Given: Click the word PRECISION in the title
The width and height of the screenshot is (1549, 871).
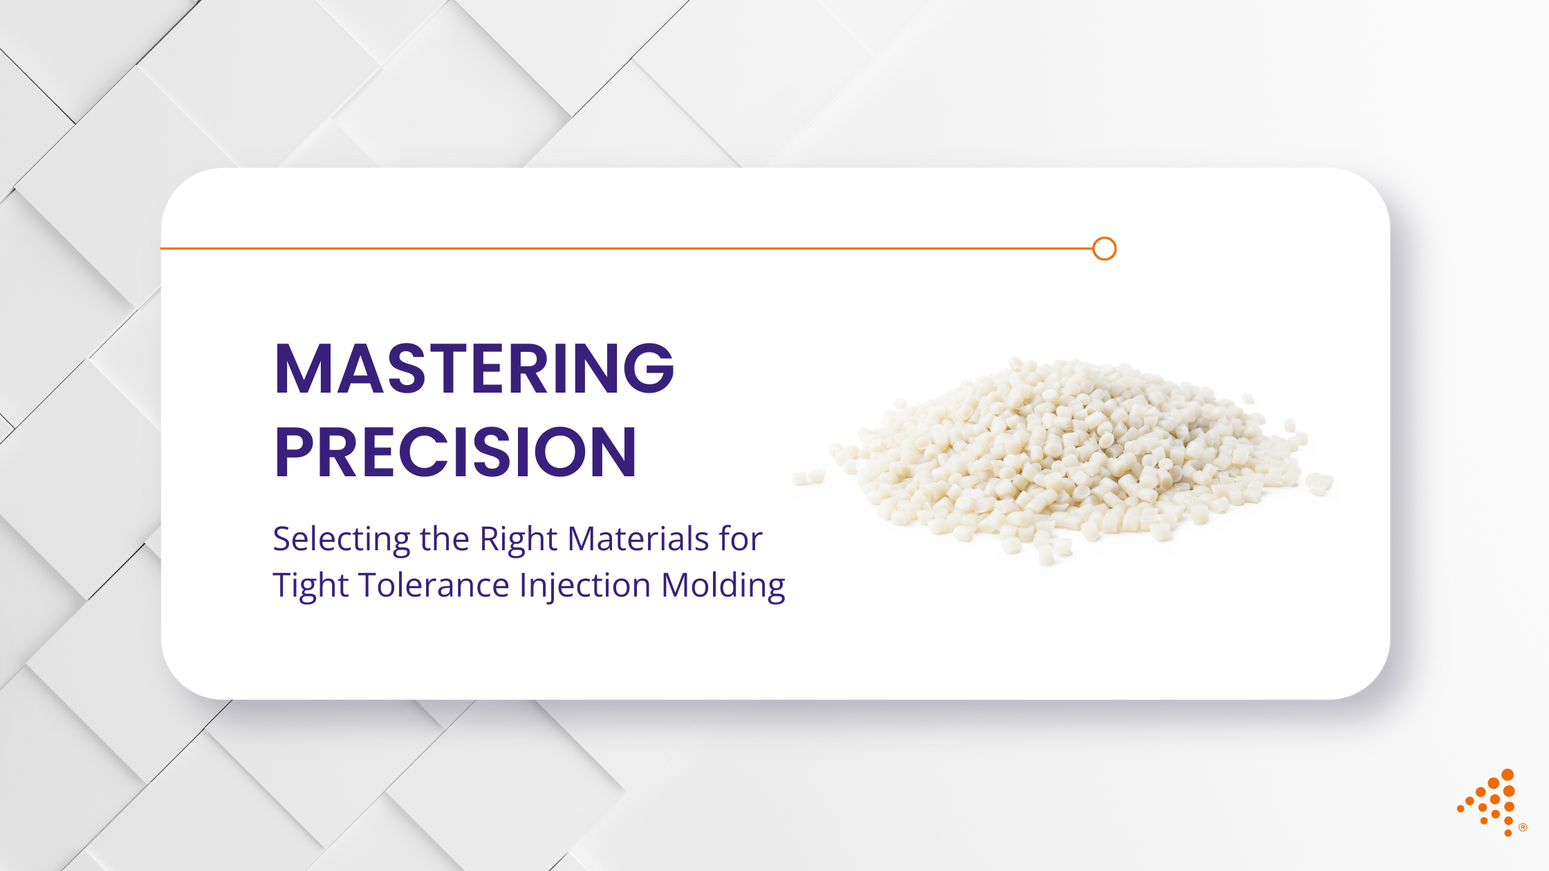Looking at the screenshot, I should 455,453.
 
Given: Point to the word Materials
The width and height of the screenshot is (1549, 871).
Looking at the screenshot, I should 638,538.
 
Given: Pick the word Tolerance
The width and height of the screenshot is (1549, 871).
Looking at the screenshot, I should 434,586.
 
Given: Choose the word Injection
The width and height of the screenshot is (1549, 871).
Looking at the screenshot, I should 585,586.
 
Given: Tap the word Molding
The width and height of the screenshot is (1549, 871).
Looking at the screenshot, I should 723,586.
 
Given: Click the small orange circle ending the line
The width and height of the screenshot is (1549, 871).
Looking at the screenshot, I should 1104,248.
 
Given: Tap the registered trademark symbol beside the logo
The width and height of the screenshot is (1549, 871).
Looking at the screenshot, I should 1523,827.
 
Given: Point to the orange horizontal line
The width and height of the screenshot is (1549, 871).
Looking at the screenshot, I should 622,248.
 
